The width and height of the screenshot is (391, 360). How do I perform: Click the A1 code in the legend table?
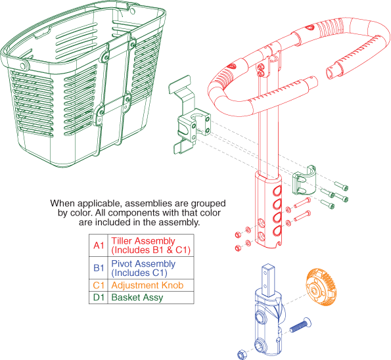tap(99, 245)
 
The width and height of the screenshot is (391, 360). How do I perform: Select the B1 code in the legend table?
tap(99, 268)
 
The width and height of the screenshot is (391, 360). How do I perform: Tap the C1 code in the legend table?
tap(99, 285)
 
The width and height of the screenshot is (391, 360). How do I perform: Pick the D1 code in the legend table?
tap(99, 298)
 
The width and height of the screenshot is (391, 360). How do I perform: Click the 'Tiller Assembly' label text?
tap(143, 241)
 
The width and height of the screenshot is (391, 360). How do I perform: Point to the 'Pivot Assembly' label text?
tap(143, 264)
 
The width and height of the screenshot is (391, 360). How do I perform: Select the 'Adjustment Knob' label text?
tap(147, 285)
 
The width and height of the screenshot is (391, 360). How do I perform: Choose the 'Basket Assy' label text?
tap(137, 298)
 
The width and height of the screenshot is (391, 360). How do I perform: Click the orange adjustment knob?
tap(321, 287)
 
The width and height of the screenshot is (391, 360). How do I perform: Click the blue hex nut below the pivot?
tap(241, 354)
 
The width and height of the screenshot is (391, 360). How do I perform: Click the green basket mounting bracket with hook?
tap(189, 115)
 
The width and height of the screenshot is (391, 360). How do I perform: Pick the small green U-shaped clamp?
tap(304, 179)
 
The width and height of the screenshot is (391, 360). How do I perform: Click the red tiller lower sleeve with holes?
tap(268, 210)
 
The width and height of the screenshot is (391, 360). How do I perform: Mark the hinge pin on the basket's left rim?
tap(23, 66)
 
